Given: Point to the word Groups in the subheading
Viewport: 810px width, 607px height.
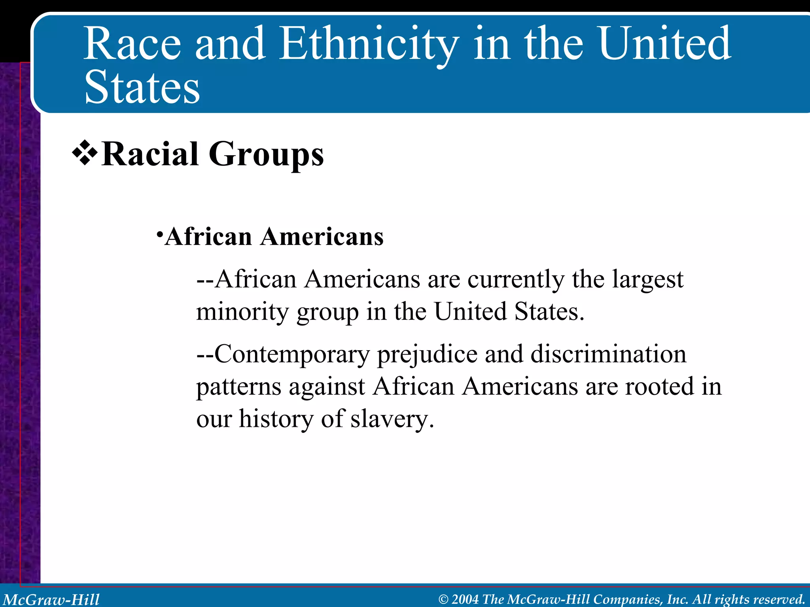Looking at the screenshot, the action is pyautogui.click(x=266, y=155).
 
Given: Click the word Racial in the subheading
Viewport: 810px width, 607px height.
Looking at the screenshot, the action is pyautogui.click(x=150, y=155).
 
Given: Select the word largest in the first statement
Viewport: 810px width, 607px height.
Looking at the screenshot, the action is pyautogui.click(x=647, y=280).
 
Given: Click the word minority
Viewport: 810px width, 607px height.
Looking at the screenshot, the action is pyautogui.click(x=243, y=312).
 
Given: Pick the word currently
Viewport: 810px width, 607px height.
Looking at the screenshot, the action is pyautogui.click(x=516, y=280).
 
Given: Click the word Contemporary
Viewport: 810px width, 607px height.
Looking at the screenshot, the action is pyautogui.click(x=292, y=354).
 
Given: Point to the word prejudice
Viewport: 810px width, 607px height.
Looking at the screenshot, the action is pyautogui.click(x=427, y=354).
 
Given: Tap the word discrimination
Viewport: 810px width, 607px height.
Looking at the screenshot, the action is pyautogui.click(x=608, y=354).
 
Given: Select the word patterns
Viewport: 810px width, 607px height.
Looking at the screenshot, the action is pyautogui.click(x=239, y=386).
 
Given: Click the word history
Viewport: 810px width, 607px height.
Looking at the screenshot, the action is pyautogui.click(x=276, y=419).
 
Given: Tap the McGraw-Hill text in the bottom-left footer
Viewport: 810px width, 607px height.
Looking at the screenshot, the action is pyautogui.click(x=51, y=599).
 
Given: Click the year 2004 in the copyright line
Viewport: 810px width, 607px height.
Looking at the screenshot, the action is pyautogui.click(x=465, y=599).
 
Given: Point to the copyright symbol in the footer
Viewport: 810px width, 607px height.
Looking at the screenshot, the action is pyautogui.click(x=444, y=599).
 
